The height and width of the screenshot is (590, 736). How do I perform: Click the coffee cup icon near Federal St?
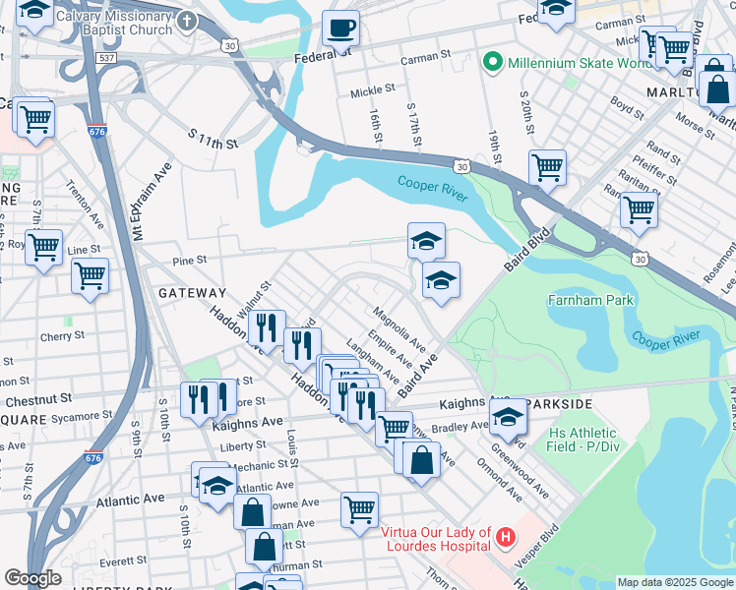coord(341,29)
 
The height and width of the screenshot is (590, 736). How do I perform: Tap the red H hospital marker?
coord(506,536)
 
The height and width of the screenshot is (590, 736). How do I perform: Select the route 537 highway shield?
coord(107,58)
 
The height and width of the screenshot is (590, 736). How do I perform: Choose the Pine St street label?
coord(188,262)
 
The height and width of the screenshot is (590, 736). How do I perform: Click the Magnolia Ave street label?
coord(399,329)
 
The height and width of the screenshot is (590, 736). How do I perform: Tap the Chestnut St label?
coord(39,400)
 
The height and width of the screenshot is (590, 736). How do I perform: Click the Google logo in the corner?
coord(32,578)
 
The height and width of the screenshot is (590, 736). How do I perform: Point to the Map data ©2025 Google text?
coord(674,582)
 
